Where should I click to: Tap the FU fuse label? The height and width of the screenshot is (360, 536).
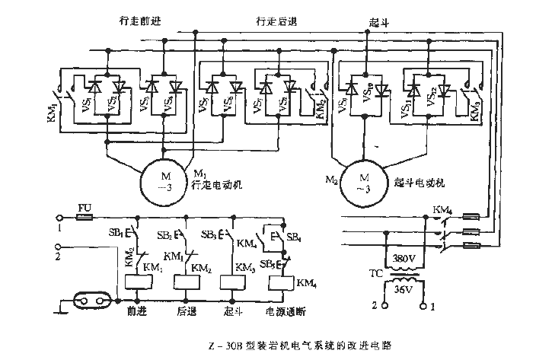click(85, 207)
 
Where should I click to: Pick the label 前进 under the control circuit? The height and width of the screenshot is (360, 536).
click(137, 312)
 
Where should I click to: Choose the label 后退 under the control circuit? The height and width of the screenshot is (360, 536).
click(186, 312)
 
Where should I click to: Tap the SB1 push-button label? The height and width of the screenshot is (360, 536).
click(118, 231)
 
